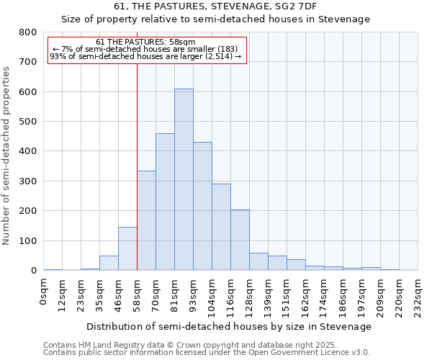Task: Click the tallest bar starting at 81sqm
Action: [x=184, y=180]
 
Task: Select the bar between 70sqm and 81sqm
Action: [x=165, y=202]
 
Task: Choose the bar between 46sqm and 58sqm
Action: [x=127, y=248]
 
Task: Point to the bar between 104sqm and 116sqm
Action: [x=221, y=227]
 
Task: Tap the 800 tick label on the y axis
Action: [x=27, y=32]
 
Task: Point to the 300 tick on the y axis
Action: [x=27, y=181]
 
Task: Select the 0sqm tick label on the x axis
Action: [x=44, y=291]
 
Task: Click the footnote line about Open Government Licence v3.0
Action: [x=207, y=353]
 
